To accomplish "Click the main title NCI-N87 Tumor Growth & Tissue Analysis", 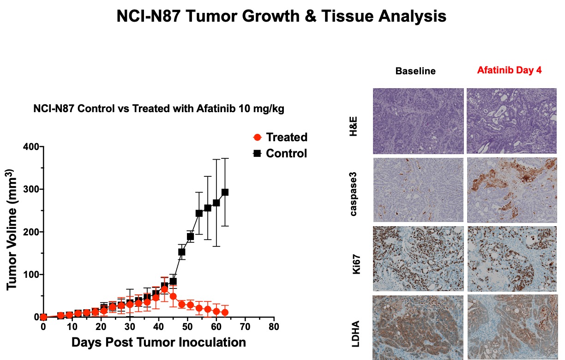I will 281,17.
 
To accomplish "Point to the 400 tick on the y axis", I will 32,147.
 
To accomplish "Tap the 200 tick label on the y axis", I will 32,232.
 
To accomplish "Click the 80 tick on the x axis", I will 274,327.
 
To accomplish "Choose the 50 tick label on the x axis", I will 187,327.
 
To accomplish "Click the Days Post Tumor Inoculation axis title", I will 158,342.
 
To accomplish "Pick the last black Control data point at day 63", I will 225,192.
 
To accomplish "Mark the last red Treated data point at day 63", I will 225,312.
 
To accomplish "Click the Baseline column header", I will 415,71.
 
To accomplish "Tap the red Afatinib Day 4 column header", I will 509,71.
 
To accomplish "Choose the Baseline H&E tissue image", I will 418,121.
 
